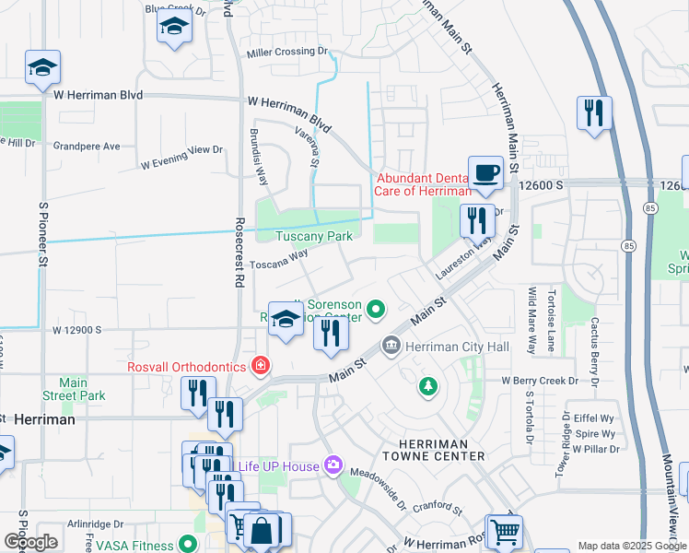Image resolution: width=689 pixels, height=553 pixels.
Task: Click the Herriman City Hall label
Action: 451,346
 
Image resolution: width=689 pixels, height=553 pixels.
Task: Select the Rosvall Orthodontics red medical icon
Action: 261,367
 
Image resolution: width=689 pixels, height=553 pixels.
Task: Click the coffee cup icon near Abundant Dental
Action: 485,171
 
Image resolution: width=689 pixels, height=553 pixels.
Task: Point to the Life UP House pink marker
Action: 332,465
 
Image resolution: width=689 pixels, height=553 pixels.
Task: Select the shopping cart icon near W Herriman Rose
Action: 504,531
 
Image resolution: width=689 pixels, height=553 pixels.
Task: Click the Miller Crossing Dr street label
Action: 286,52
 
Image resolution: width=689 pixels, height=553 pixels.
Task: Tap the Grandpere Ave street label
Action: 87,146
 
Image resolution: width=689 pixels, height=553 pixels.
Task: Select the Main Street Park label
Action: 82,389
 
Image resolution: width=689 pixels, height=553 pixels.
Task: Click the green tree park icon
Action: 427,385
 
